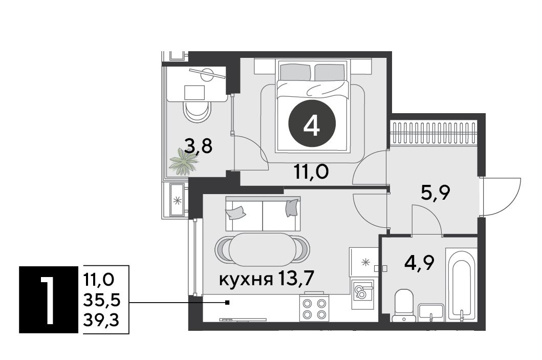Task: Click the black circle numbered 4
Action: tap(312, 124)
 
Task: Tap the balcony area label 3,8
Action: tap(198, 146)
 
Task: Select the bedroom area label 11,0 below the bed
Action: tap(311, 172)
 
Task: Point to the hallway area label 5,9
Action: tap(435, 193)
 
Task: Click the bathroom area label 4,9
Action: tap(419, 263)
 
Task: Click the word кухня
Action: tap(246, 280)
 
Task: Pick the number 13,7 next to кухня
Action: tap(295, 279)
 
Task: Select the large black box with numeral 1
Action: tap(49, 300)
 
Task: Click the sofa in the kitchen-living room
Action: tap(263, 214)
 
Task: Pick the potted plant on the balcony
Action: tap(184, 162)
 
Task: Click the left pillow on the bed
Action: tap(295, 72)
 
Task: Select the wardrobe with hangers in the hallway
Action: tap(434, 133)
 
